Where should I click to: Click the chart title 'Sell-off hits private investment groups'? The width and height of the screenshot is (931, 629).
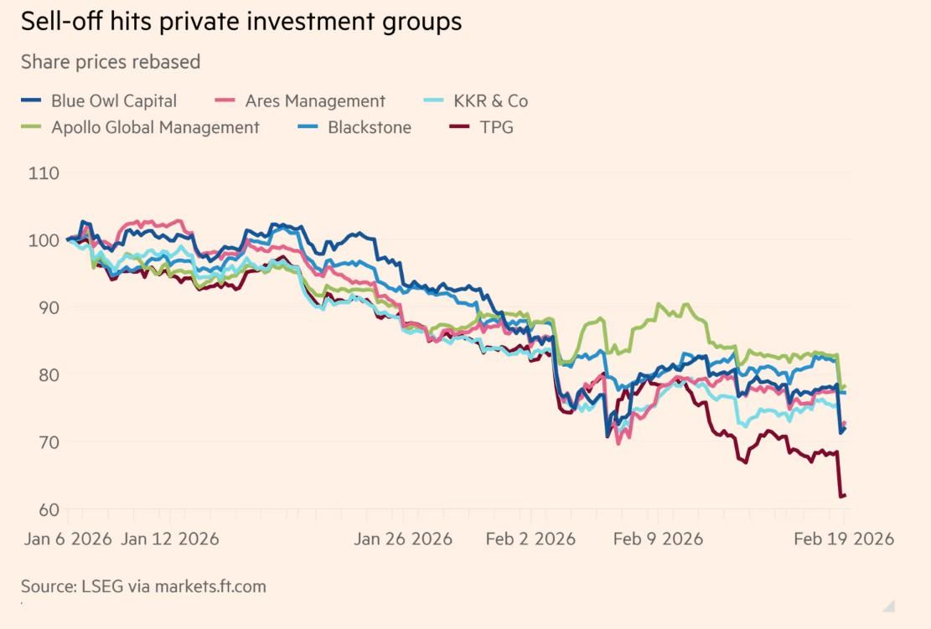[241, 22]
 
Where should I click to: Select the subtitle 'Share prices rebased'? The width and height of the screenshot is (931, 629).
[111, 62]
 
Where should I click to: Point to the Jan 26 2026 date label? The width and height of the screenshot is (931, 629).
[403, 539]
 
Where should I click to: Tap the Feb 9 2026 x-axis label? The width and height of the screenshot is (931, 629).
[658, 539]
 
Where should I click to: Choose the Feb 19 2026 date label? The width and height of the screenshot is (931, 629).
[843, 539]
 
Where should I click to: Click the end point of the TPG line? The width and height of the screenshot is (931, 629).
[845, 495]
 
